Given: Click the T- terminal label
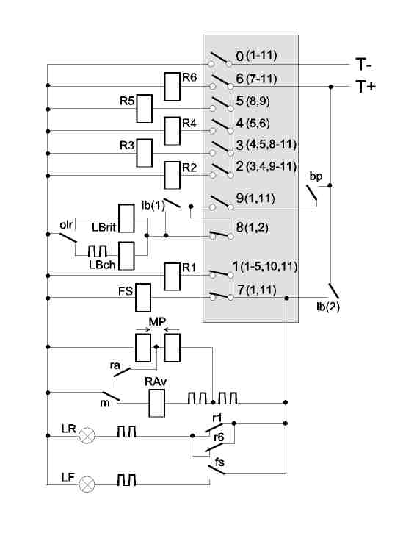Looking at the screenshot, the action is [x=363, y=64].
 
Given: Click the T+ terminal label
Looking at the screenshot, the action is [x=366, y=86].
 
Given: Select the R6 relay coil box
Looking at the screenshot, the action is [x=172, y=86].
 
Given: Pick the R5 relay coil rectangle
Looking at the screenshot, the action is [x=144, y=108].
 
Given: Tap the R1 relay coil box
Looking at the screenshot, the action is [x=172, y=276].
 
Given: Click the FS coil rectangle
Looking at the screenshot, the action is [x=143, y=298].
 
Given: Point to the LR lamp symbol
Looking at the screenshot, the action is [x=87, y=435].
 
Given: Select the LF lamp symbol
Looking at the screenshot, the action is [x=87, y=483].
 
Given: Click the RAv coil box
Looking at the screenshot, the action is [x=157, y=403].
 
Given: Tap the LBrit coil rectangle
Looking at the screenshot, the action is [x=126, y=218].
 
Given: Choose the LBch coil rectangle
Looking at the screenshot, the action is [x=126, y=256].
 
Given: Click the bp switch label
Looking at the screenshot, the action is [x=316, y=176].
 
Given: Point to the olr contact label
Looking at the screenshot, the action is [x=66, y=225].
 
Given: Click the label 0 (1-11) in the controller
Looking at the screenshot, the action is [x=256, y=56].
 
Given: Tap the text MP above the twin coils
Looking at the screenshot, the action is [x=157, y=321].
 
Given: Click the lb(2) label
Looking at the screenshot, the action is [x=328, y=307].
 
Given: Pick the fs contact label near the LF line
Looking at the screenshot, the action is [x=219, y=462].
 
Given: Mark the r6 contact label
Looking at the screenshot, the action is [x=219, y=437].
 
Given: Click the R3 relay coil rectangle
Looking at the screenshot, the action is [x=144, y=153].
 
